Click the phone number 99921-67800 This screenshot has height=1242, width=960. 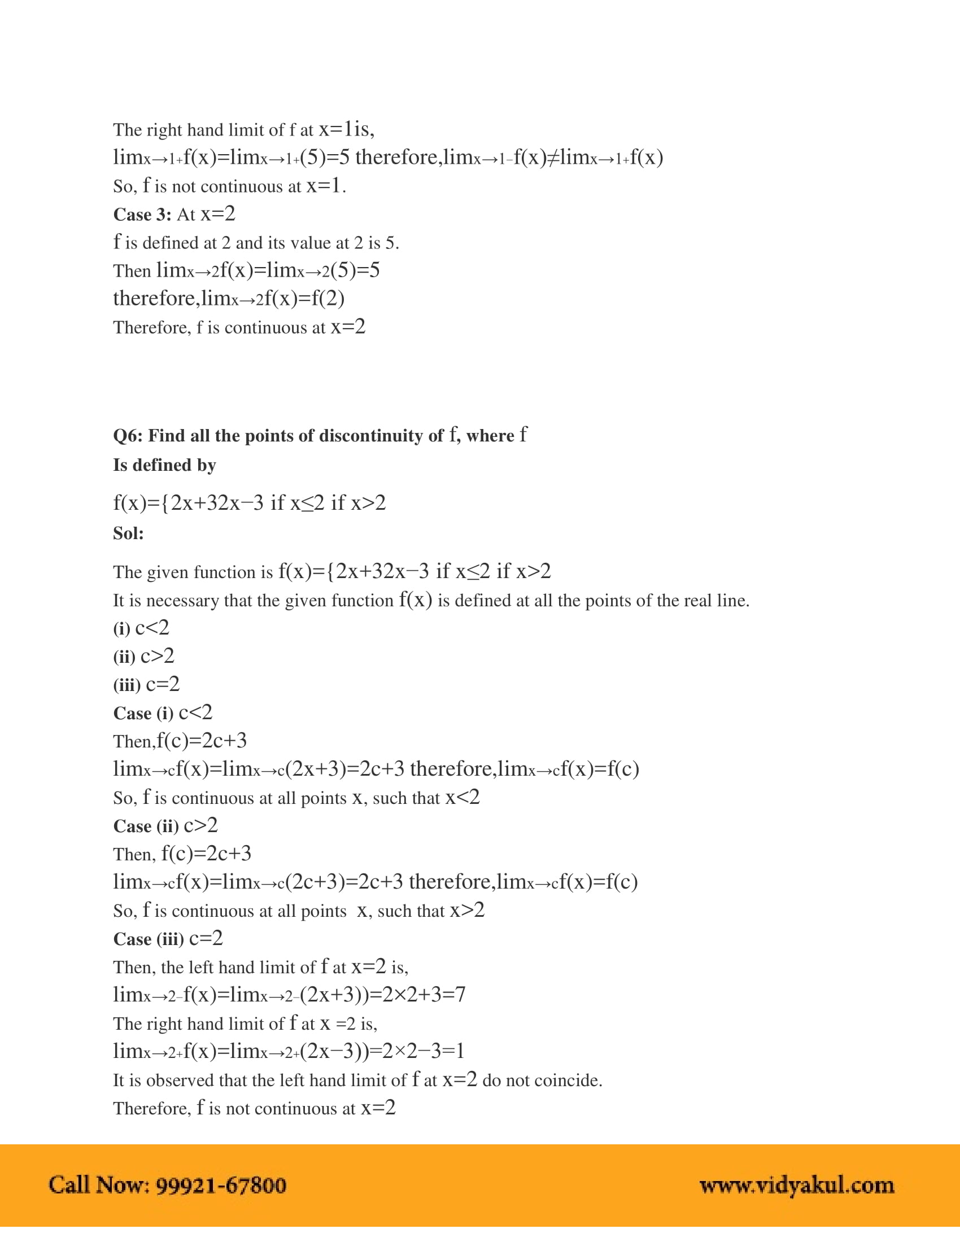pyautogui.click(x=221, y=1185)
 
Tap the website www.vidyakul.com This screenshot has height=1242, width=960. pyautogui.click(x=796, y=1185)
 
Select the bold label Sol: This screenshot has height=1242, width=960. pyautogui.click(x=129, y=533)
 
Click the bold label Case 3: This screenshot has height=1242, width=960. pyautogui.click(x=142, y=215)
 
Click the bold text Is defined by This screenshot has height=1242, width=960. pyautogui.click(x=164, y=465)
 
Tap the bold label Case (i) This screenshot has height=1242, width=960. pyautogui.click(x=143, y=714)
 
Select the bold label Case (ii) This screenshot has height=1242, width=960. pyautogui.click(x=146, y=826)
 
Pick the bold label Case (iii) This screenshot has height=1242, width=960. pyautogui.click(x=149, y=939)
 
